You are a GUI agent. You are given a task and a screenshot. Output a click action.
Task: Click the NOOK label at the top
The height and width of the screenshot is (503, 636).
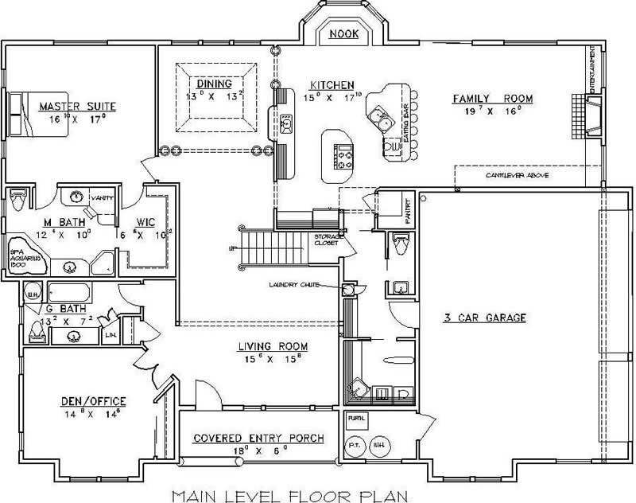tap(342, 34)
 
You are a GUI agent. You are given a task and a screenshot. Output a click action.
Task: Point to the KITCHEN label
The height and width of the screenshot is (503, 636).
tap(332, 85)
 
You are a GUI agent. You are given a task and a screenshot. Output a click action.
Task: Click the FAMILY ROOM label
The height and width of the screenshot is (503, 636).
tap(492, 99)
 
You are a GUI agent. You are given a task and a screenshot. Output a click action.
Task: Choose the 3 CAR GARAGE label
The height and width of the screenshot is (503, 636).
tap(486, 318)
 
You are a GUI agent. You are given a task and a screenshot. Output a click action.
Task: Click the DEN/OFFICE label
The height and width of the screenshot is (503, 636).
tap(93, 400)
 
